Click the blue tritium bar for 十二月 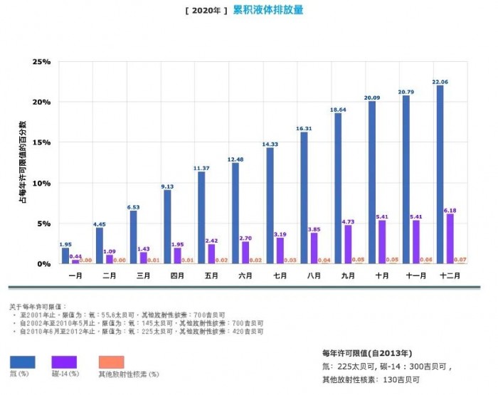pos(440,174)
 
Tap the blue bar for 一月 pos(65,256)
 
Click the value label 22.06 pos(440,82)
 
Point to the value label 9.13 pos(168,186)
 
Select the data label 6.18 pos(450,211)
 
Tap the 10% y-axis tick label pos(41,183)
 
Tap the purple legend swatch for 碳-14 pos(64,362)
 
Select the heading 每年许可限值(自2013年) pos(368,353)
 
